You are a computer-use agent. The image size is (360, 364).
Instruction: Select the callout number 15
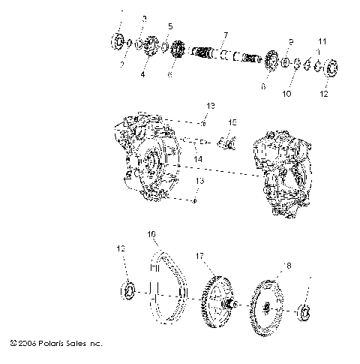(232, 122)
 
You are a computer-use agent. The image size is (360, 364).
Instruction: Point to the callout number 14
(198, 159)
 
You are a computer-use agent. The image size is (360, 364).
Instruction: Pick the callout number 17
(200, 255)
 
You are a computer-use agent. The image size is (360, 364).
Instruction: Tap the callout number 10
(286, 95)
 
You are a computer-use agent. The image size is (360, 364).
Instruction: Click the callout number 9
(291, 41)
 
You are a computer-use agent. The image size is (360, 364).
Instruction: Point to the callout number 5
(169, 26)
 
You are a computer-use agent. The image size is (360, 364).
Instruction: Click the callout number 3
(145, 17)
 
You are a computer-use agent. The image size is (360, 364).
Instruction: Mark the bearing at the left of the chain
(129, 289)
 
